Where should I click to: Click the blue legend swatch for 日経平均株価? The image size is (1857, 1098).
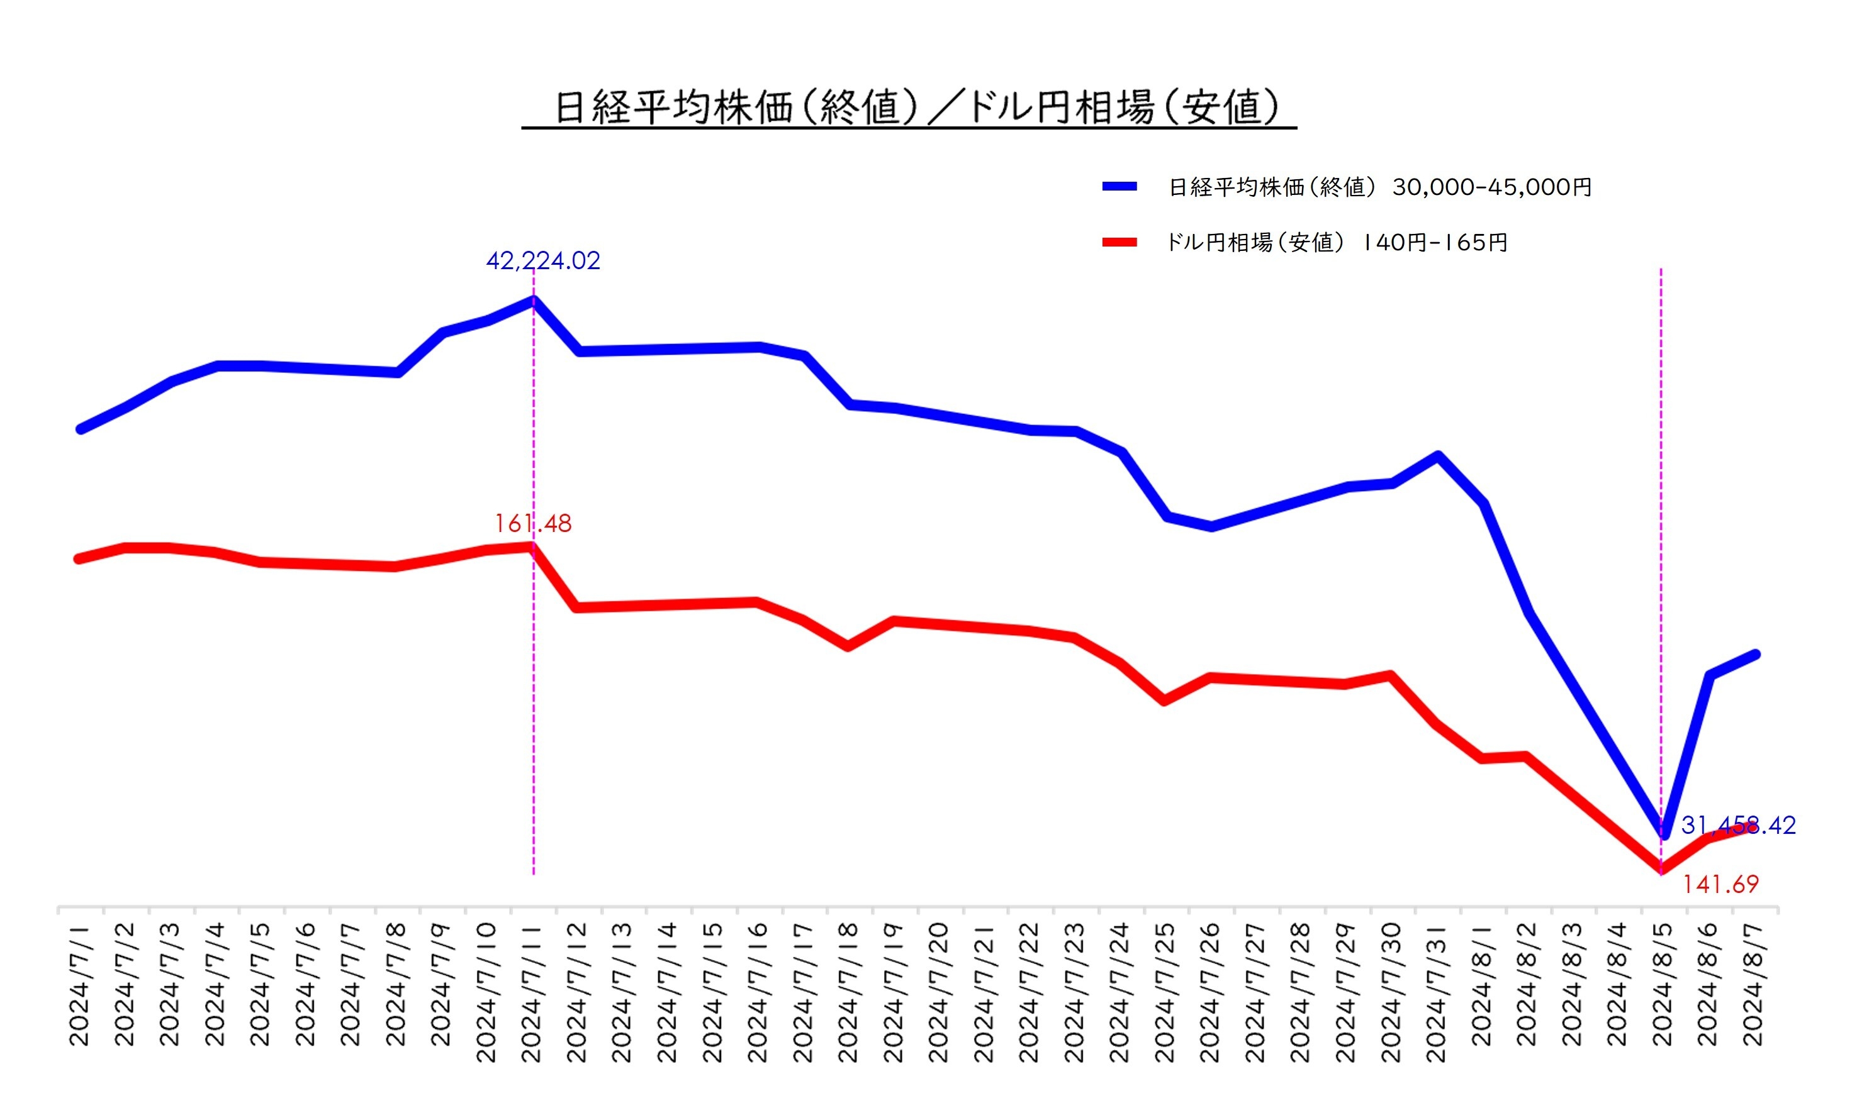[x=1119, y=186]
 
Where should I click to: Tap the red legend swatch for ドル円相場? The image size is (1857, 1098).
[x=1119, y=242]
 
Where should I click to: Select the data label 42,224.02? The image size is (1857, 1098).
[x=542, y=260]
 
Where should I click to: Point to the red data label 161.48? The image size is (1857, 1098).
[x=533, y=523]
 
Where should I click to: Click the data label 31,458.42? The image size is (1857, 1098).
[x=1738, y=825]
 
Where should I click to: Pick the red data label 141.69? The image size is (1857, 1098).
[x=1720, y=884]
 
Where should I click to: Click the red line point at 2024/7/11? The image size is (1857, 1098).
[x=532, y=546]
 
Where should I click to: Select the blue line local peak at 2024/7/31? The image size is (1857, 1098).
[x=1437, y=456]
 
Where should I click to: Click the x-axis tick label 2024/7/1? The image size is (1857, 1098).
[x=79, y=985]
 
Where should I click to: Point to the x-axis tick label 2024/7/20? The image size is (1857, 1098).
[x=938, y=992]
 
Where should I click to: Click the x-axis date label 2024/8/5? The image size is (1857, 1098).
[x=1663, y=985]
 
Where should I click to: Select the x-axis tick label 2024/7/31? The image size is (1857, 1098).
[x=1436, y=992]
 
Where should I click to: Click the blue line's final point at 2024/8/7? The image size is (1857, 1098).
[x=1755, y=655]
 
